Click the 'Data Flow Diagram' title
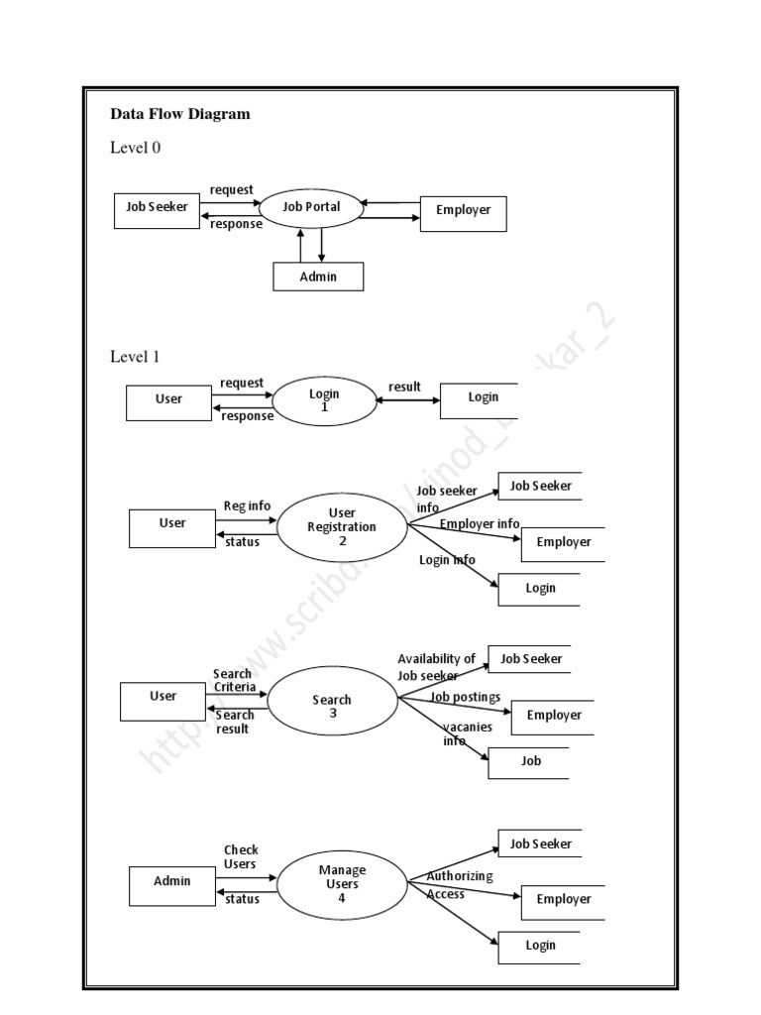(179, 114)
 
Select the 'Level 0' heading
(135, 148)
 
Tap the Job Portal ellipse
(311, 207)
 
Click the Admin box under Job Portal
(318, 277)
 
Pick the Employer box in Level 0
(463, 211)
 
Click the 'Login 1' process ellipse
(324, 399)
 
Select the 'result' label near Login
(404, 387)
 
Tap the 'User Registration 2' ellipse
(342, 526)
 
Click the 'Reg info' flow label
(247, 506)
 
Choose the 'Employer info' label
(480, 523)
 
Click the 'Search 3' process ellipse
(332, 706)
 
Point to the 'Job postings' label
(466, 697)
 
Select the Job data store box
(530, 761)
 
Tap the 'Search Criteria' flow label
(234, 681)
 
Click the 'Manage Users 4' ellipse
(342, 883)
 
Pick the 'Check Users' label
(240, 856)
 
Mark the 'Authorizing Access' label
(459, 885)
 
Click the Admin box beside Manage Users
(171, 881)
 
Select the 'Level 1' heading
(135, 357)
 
